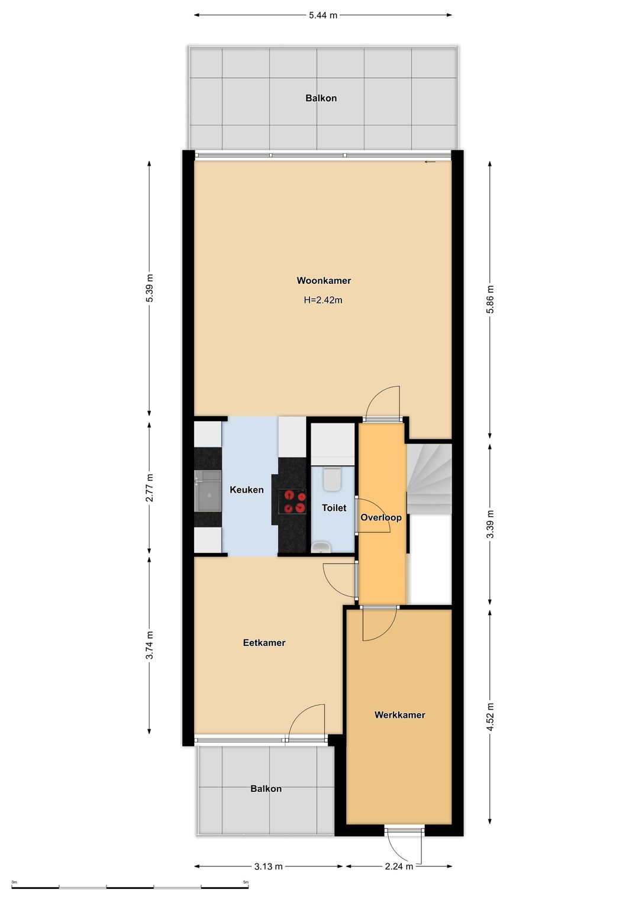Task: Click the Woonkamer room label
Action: pyautogui.click(x=324, y=280)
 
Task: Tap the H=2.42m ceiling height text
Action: pyautogui.click(x=323, y=300)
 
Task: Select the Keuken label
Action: pyautogui.click(x=247, y=490)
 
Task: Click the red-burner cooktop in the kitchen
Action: pyautogui.click(x=292, y=501)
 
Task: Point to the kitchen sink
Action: pyautogui.click(x=208, y=491)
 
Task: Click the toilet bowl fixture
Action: pyautogui.click(x=333, y=479)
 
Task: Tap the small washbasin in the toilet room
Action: pyautogui.click(x=321, y=548)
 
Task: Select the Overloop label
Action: pyautogui.click(x=381, y=517)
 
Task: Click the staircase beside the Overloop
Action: pyautogui.click(x=429, y=478)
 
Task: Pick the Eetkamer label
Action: pyautogui.click(x=264, y=643)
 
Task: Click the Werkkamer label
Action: pyautogui.click(x=399, y=715)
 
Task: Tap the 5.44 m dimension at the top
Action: pyautogui.click(x=322, y=15)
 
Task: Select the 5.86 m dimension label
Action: pyautogui.click(x=490, y=299)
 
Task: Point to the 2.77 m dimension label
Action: pyautogui.click(x=149, y=487)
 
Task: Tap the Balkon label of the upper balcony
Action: pyautogui.click(x=321, y=98)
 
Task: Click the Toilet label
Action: pyautogui.click(x=334, y=508)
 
